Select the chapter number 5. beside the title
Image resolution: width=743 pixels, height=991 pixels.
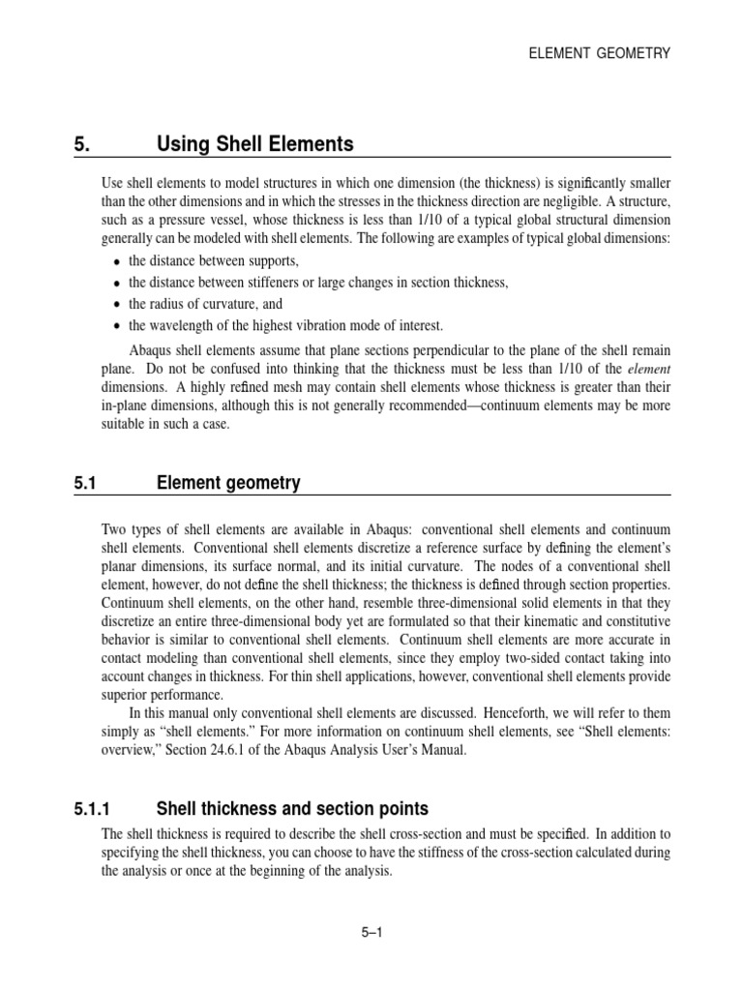(x=81, y=145)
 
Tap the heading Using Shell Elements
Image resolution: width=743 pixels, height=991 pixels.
(x=254, y=145)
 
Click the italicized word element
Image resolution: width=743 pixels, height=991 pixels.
(x=648, y=369)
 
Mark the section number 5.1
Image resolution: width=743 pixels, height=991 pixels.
(x=87, y=483)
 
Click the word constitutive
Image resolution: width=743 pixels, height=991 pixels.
(x=633, y=622)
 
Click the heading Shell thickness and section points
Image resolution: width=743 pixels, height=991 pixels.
(x=292, y=809)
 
